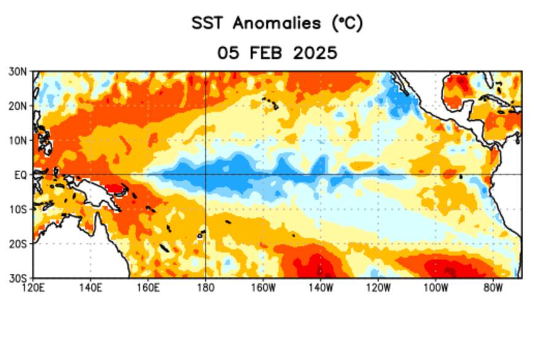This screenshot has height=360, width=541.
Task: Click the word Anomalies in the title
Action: pos(277,24)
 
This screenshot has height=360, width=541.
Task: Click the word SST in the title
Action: pos(209,24)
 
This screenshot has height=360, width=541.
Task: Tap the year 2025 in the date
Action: pos(315,53)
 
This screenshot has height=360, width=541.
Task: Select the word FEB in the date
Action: pos(267,53)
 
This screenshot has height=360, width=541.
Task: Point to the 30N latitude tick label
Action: pos(18,71)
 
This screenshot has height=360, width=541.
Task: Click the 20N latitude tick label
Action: pos(18,106)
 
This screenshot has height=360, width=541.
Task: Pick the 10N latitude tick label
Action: pos(18,140)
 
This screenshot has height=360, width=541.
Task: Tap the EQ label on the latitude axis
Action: pos(20,174)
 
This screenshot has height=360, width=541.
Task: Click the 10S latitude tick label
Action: pos(18,209)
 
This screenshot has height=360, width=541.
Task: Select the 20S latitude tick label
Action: pos(18,243)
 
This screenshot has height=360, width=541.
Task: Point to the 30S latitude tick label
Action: pos(18,277)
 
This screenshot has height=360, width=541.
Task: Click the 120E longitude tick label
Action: pos(33,287)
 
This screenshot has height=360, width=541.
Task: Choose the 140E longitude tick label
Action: pos(90,287)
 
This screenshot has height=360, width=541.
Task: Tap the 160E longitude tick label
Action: pos(148,287)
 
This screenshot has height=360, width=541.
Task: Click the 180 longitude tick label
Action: pos(205,287)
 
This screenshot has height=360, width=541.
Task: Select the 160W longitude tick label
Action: pos(263,287)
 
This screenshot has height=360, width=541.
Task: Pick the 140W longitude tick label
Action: pos(320,287)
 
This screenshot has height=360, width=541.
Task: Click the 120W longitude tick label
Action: pos(377,287)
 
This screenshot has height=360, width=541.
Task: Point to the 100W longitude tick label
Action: pos(435,287)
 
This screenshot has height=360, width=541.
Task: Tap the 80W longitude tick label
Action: pos(492,287)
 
